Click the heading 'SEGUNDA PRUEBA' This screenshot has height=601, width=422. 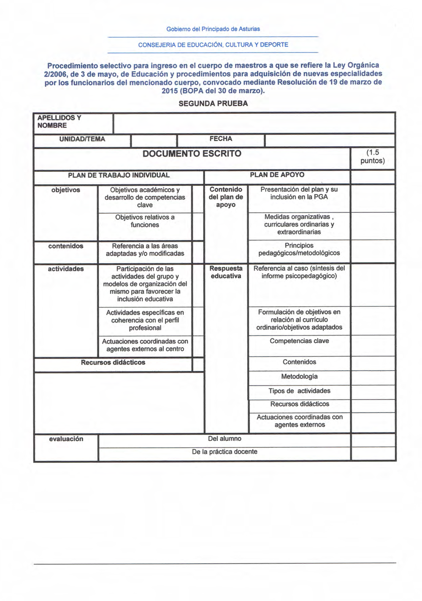point(213,104)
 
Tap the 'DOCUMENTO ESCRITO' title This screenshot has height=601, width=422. point(192,153)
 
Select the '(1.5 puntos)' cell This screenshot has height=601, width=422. point(373,157)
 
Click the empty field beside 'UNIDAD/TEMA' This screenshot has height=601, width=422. point(154,140)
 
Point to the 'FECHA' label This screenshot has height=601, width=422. point(221,139)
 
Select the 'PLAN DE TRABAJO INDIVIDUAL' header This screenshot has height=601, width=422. point(119,175)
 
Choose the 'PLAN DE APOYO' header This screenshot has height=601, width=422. point(277,175)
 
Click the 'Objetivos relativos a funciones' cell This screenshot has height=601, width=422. point(145,221)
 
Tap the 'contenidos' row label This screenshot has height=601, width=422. point(66,246)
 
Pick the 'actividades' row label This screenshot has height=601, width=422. point(66,269)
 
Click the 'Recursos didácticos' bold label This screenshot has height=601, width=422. point(113,362)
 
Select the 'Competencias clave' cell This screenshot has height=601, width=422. point(299,341)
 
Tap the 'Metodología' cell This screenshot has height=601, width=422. point(299,376)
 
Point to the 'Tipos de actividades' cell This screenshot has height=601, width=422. point(299,391)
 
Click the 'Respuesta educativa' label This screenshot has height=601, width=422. point(226,272)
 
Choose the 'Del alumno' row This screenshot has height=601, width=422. point(225,439)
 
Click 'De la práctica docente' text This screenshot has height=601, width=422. point(225,452)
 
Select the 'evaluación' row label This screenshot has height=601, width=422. point(66,439)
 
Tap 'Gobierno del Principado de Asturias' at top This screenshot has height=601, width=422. point(213,29)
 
